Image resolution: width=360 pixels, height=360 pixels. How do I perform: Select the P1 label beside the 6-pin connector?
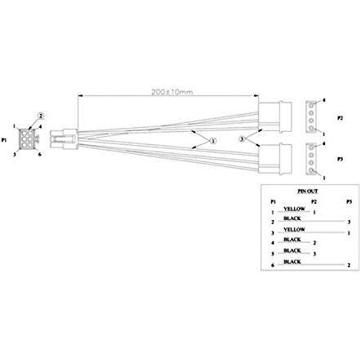tap(5, 139)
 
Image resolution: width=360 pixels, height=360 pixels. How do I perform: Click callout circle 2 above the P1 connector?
tap(42, 115)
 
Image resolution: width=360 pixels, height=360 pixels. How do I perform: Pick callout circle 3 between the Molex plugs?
tap(242, 139)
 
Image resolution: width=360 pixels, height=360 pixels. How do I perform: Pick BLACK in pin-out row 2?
tap(293, 218)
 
